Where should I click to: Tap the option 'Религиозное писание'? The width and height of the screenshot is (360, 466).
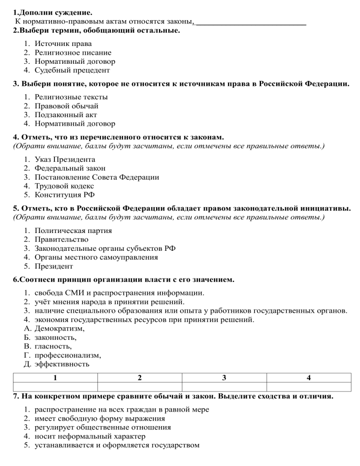(x=73, y=53)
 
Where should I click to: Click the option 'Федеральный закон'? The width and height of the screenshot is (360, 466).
(x=70, y=168)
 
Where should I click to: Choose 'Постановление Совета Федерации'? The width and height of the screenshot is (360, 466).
(x=97, y=177)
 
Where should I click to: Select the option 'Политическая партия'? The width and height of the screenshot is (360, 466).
(x=73, y=231)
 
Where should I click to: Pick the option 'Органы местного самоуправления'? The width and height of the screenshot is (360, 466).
(x=96, y=257)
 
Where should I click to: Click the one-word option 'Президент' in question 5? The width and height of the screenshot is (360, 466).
(x=53, y=266)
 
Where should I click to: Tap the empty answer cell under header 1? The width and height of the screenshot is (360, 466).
(x=55, y=387)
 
